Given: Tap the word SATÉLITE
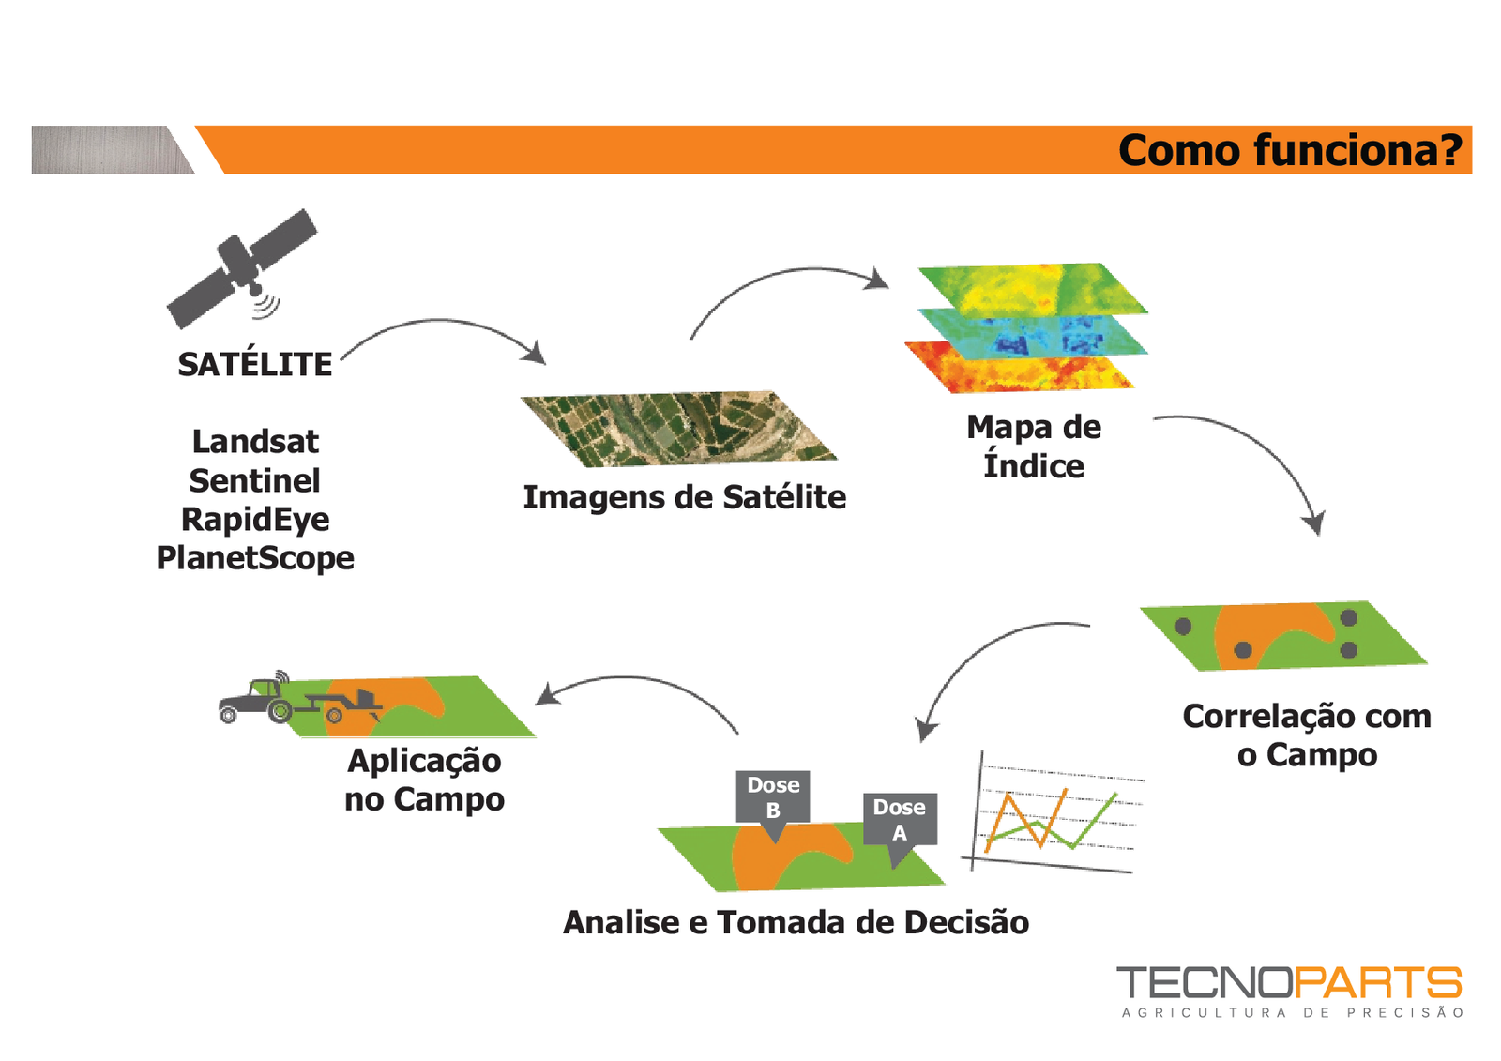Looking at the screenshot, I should tap(255, 364).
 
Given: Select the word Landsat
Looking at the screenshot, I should tap(255, 441).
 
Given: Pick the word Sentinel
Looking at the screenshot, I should tap(255, 480).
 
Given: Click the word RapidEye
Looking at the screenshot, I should tap(255, 519).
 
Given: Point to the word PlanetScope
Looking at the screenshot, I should tap(255, 557).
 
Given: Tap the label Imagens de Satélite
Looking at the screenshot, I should tap(684, 497).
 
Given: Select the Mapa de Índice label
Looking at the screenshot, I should tap(1034, 447).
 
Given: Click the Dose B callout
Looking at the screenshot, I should tap(773, 797).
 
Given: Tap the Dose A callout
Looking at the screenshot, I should tap(900, 820).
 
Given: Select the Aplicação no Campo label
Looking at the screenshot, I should tap(424, 780).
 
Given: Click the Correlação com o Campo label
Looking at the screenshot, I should tap(1307, 735).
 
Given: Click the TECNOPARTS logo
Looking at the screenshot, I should tap(1289, 991).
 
